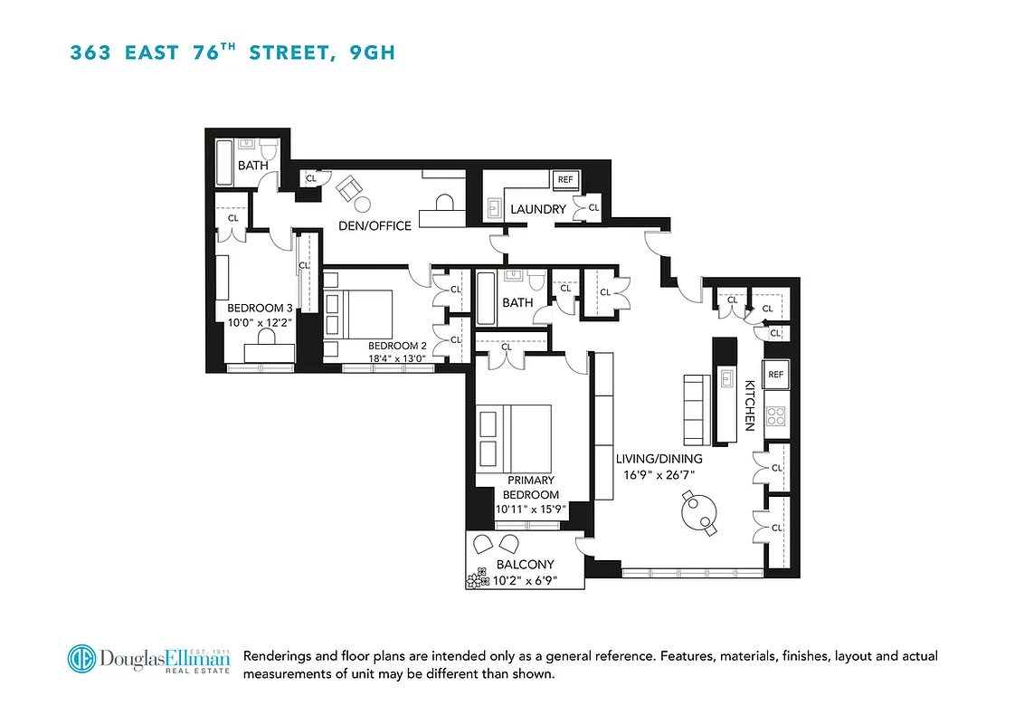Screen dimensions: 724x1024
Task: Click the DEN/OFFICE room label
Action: tap(375, 225)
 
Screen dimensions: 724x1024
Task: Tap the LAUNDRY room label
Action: tap(538, 209)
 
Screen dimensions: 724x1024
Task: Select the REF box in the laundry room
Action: tap(565, 180)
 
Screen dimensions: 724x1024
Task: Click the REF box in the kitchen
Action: tap(775, 374)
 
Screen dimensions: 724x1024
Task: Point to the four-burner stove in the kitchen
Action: tap(776, 415)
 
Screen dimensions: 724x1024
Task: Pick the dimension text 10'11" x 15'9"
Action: tap(530, 509)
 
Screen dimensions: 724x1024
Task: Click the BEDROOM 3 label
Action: tap(260, 308)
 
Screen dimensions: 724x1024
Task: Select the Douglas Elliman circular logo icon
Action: tap(82, 658)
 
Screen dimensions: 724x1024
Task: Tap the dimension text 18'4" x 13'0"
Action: tap(398, 358)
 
